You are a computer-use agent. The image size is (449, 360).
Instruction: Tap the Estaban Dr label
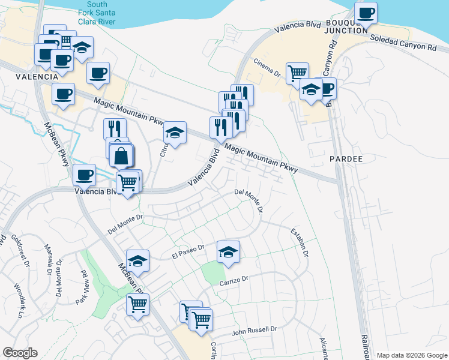300,242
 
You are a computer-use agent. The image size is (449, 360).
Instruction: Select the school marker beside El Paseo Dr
228,252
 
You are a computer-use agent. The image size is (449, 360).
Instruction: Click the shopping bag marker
121,155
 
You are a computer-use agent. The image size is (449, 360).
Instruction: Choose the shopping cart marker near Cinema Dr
297,73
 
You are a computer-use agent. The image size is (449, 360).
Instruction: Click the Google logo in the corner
20,353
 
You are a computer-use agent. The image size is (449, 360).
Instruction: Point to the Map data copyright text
411,355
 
